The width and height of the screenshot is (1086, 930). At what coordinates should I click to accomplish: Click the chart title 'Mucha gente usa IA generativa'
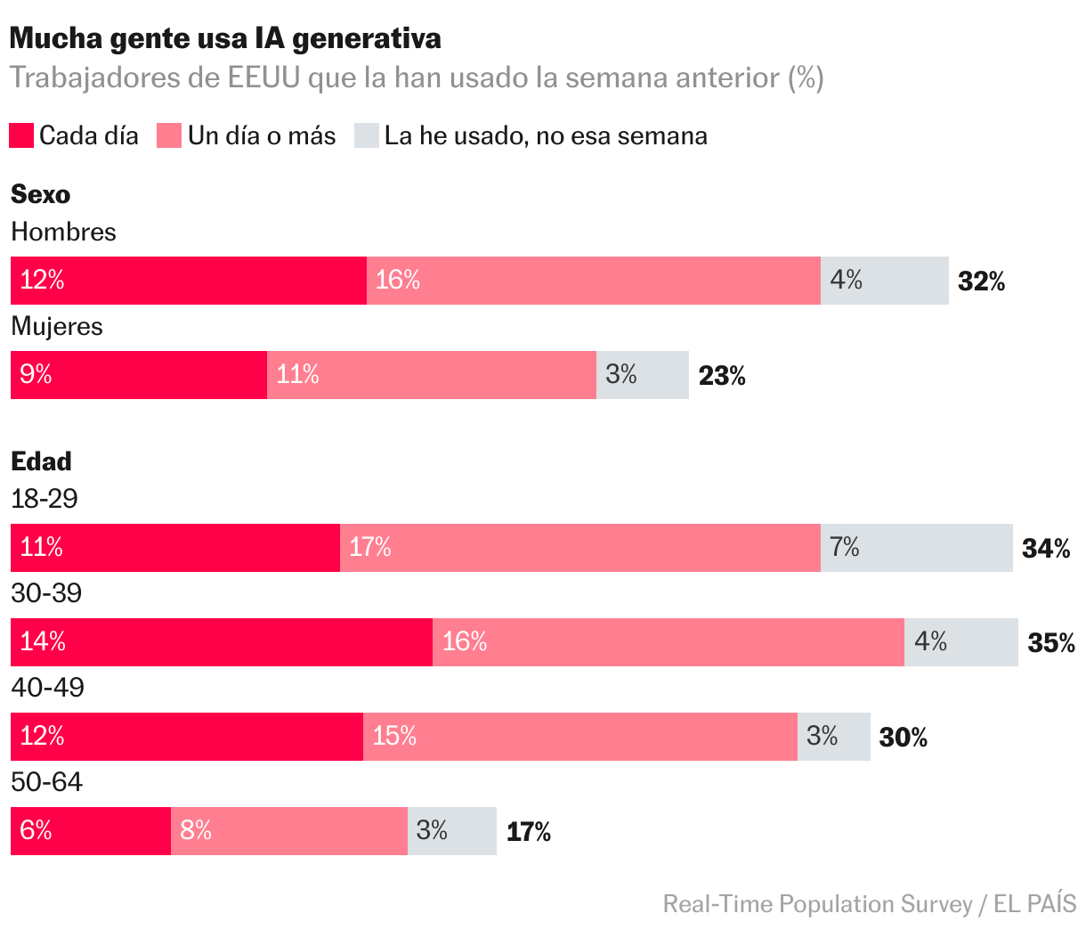[225, 38]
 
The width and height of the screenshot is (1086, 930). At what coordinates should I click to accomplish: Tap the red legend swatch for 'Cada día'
[21, 135]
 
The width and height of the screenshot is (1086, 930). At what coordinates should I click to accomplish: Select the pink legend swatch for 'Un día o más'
[169, 135]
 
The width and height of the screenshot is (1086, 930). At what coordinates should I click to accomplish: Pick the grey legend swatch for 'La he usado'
[367, 135]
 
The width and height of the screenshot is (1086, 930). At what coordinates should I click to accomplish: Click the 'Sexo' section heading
[40, 194]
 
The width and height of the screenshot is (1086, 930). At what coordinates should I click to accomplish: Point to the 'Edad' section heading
[41, 461]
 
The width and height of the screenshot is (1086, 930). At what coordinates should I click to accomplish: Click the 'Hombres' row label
[63, 232]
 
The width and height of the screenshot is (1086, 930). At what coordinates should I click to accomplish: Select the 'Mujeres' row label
[57, 326]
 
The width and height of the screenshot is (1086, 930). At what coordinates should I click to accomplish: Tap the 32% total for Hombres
[981, 281]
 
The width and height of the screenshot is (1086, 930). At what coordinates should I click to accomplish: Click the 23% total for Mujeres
[722, 376]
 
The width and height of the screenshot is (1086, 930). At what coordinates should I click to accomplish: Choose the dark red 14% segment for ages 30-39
[221, 641]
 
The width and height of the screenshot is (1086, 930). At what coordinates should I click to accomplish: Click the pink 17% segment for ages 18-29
[579, 547]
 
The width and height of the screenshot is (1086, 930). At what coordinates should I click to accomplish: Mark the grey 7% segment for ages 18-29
[916, 547]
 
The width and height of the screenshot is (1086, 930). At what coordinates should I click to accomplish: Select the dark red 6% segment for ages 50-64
[90, 830]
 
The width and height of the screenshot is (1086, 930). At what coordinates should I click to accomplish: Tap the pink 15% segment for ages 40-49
[579, 736]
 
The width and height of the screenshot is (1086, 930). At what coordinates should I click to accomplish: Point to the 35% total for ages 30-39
[1051, 643]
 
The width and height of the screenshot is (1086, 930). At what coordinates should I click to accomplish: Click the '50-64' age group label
[46, 782]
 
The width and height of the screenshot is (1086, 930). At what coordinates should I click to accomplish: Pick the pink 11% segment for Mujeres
[431, 374]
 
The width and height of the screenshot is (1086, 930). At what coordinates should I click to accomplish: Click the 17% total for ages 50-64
[529, 832]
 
